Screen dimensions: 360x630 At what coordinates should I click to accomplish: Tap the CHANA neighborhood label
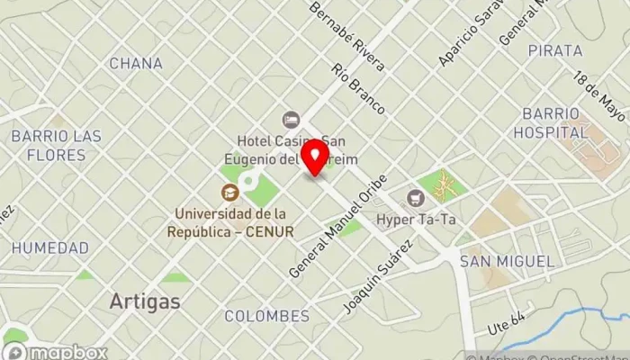(x=136, y=64)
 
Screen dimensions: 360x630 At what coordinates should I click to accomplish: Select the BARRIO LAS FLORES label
(x=56, y=145)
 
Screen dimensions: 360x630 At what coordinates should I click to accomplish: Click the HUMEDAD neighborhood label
(x=50, y=247)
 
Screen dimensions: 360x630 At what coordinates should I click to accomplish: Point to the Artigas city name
(x=144, y=301)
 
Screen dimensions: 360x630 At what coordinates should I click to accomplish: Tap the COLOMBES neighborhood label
(x=266, y=316)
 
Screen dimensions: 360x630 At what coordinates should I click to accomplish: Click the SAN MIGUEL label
(x=507, y=261)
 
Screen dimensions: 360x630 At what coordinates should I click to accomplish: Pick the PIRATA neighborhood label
(x=555, y=50)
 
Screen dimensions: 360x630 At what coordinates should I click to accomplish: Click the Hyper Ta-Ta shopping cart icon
(x=415, y=197)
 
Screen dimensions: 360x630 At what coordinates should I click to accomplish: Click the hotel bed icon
(x=291, y=120)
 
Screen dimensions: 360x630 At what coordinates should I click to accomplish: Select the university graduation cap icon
(x=230, y=193)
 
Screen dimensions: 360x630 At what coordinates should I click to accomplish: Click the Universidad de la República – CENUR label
(x=230, y=222)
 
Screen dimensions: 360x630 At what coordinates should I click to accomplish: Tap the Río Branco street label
(x=357, y=88)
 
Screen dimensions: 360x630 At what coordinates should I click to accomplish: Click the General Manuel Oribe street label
(x=338, y=225)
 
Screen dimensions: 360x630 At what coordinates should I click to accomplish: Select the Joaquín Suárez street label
(x=378, y=274)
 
